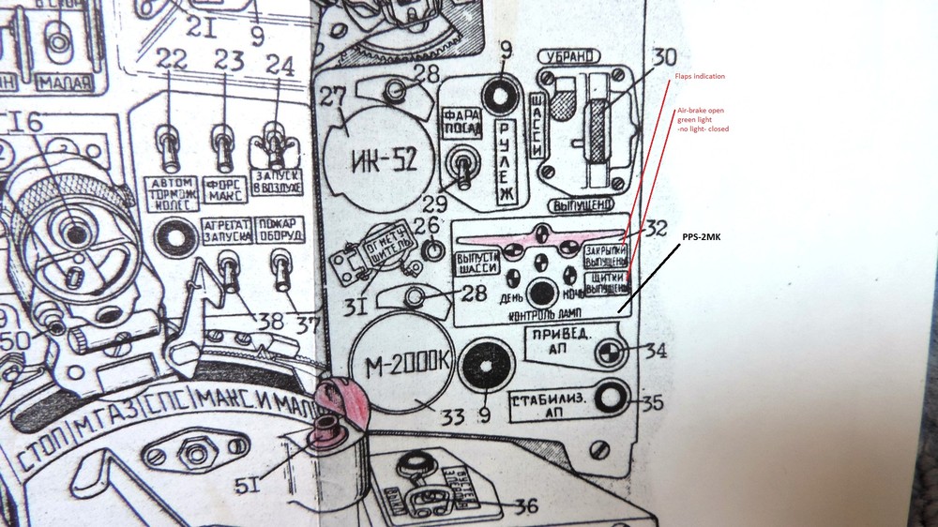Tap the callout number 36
pos(525,506)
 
